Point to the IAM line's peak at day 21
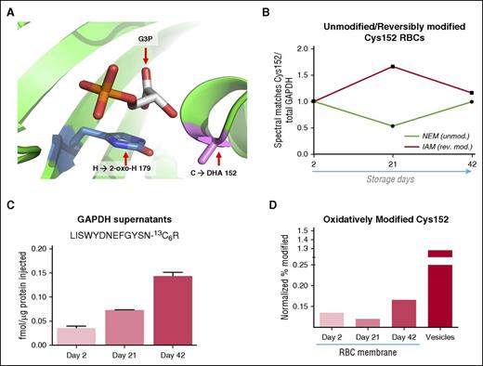(368, 66)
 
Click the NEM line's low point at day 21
(368, 125)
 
